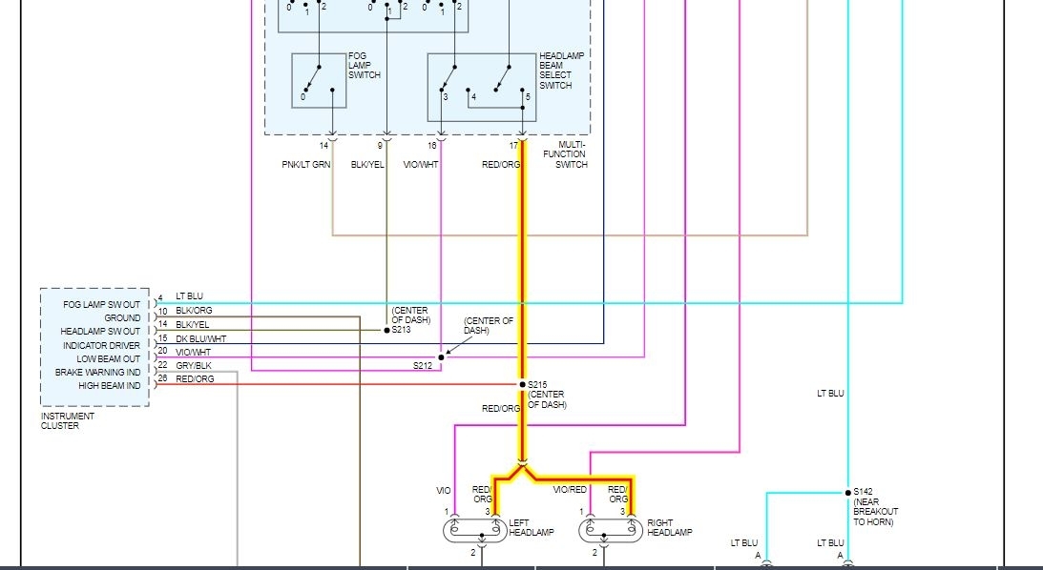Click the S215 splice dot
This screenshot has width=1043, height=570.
[523, 384]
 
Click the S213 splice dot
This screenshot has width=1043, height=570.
[386, 330]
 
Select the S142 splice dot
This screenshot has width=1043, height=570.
[846, 493]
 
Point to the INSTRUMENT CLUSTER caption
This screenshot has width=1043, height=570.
[68, 420]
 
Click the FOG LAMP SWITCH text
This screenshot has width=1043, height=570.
[365, 65]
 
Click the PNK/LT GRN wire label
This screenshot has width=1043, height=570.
[305, 165]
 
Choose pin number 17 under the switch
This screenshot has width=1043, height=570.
[513, 146]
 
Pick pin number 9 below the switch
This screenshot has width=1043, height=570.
[380, 146]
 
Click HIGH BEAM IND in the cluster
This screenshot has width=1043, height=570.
[109, 385]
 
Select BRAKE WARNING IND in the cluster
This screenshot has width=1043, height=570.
[97, 372]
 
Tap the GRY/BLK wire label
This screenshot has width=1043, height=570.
[194, 366]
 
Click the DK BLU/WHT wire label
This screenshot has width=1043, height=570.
[201, 338]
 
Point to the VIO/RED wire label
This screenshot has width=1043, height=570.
[571, 490]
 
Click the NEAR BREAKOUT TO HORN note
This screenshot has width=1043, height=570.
[875, 512]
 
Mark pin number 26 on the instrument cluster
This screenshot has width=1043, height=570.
[163, 378]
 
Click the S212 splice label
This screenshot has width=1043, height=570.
[423, 365]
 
